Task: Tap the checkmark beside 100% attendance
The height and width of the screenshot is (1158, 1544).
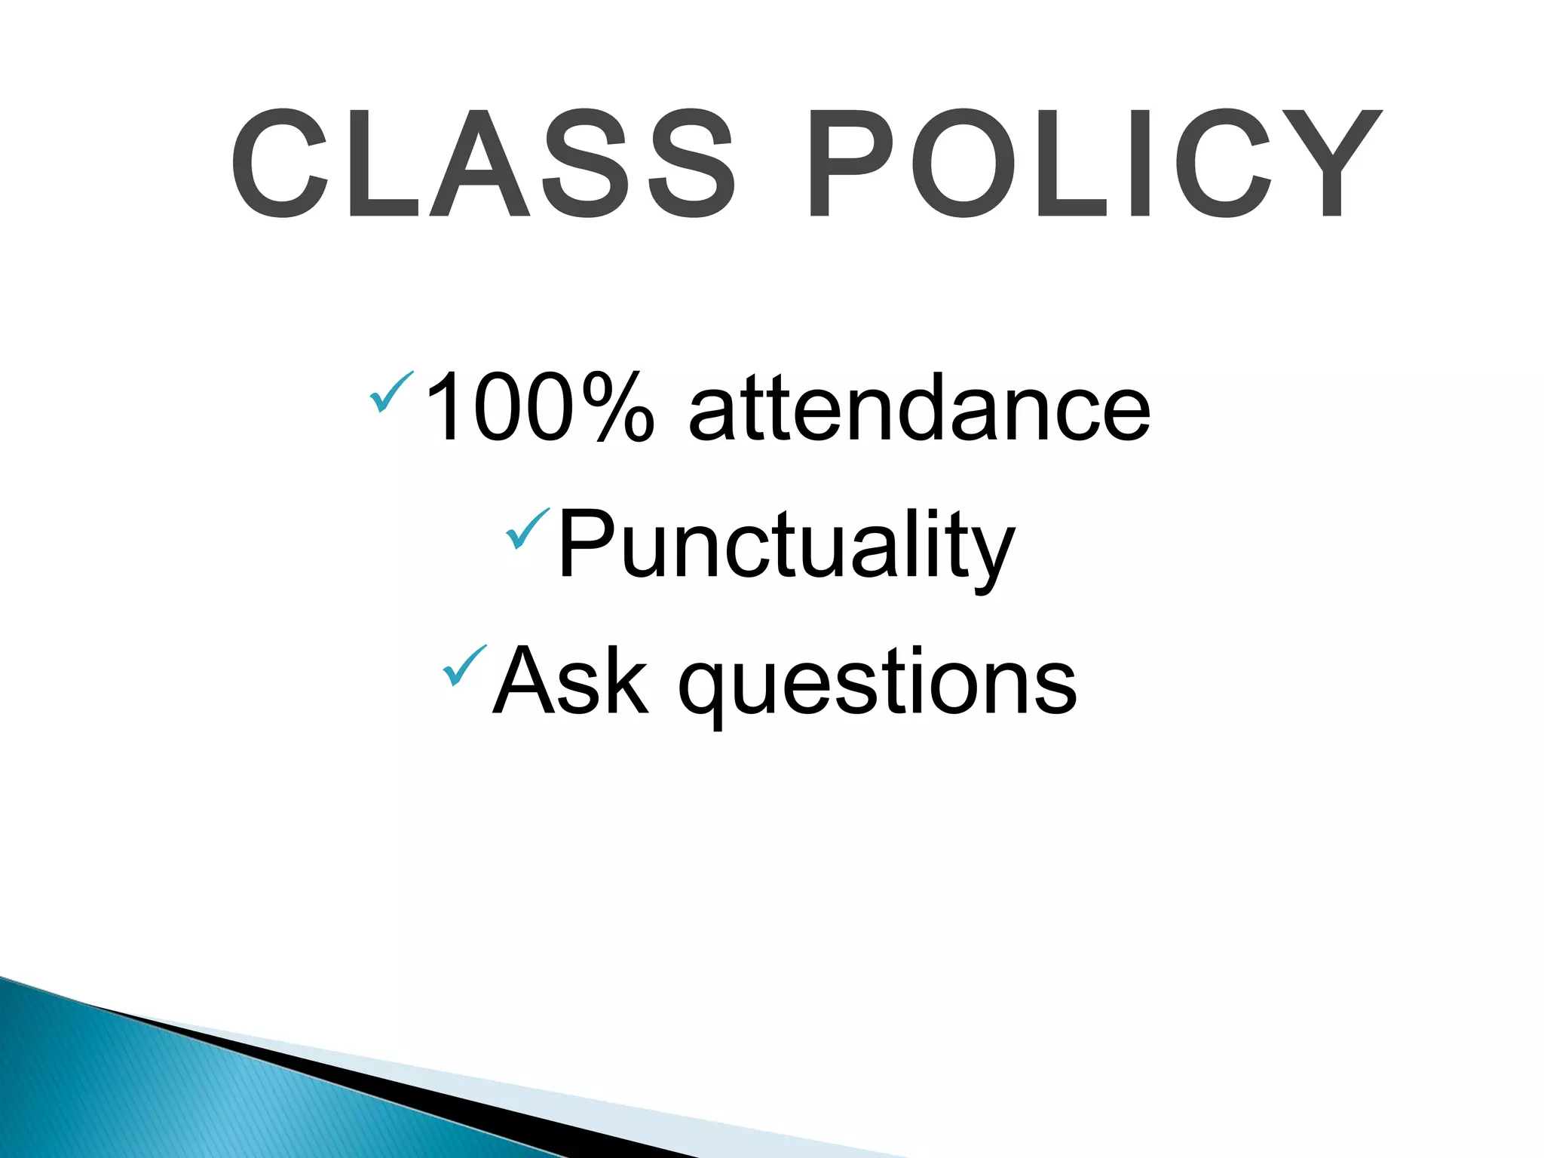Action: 391,391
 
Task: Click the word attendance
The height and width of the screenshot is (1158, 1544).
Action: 920,408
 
